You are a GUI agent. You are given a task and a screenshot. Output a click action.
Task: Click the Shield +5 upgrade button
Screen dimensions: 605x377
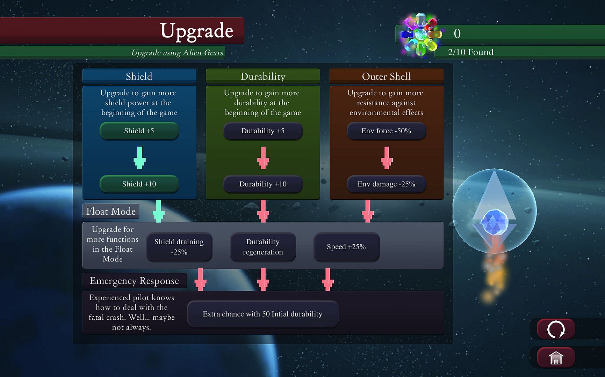tap(139, 131)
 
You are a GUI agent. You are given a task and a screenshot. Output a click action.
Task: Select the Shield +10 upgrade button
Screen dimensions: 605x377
tap(139, 184)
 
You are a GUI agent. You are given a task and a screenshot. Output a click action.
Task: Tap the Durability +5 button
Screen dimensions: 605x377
tap(263, 131)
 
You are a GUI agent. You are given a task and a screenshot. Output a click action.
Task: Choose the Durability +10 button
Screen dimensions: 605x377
tap(263, 184)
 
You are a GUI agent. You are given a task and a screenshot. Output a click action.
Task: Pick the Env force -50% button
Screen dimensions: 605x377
tap(386, 131)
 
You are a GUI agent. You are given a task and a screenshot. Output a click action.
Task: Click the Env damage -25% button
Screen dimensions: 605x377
tap(386, 184)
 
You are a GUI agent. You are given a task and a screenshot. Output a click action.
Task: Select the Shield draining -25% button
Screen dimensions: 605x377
tap(179, 247)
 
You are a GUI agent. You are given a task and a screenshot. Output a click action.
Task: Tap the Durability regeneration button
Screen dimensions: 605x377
tap(263, 247)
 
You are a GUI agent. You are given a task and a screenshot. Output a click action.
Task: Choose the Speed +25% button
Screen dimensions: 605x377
tap(346, 247)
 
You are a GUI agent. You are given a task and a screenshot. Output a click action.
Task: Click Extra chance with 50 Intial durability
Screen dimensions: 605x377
tap(263, 314)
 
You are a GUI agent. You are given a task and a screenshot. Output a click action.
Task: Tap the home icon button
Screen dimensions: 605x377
tap(556, 358)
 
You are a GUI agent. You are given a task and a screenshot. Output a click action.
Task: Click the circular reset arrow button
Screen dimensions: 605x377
tap(556, 329)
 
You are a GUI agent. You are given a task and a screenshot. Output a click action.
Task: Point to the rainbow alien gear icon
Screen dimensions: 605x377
tap(421, 34)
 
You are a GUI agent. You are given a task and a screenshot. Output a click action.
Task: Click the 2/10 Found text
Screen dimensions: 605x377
tap(471, 52)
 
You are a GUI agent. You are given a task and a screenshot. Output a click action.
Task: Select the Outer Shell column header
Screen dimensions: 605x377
tap(386, 76)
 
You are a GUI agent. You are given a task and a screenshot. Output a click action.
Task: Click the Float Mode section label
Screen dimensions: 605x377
tap(111, 211)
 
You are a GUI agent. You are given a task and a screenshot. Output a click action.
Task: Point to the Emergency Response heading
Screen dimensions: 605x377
tap(134, 281)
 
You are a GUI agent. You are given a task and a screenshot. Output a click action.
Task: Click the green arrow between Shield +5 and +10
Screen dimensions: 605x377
tap(139, 158)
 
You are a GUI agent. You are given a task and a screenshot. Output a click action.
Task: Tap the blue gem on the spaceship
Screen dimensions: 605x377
tap(494, 222)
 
